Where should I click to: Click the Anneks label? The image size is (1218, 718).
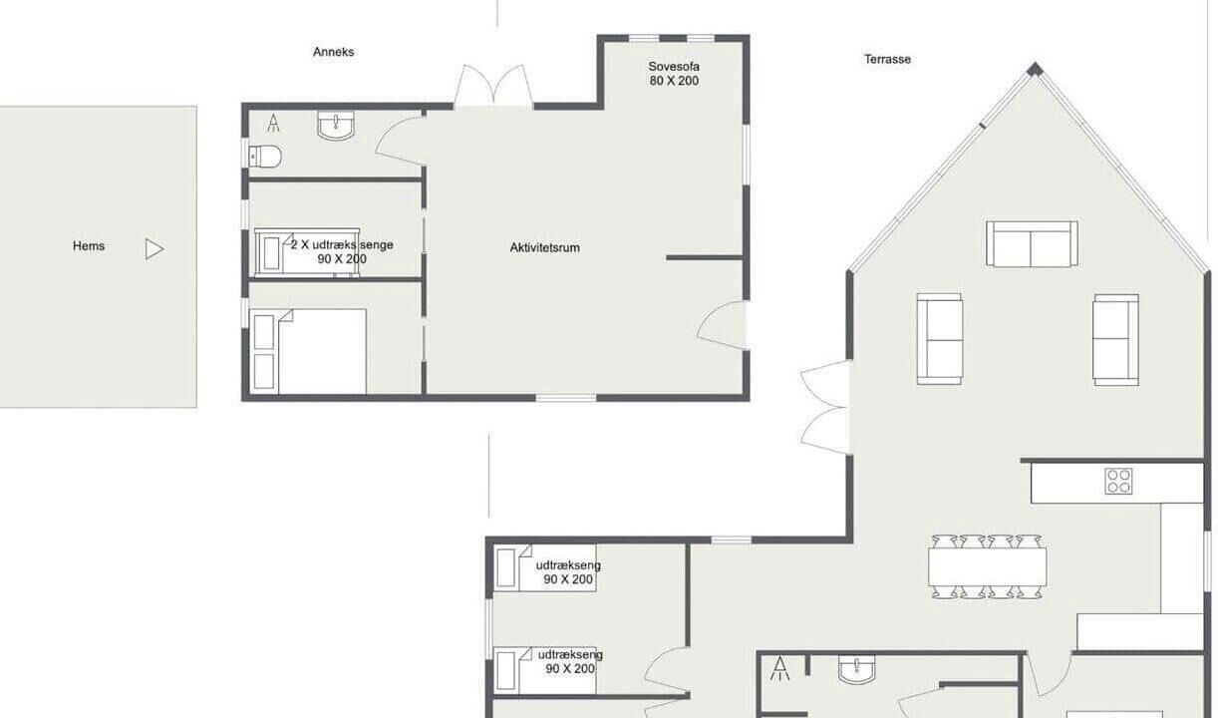coord(333,52)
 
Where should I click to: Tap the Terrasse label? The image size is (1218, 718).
coord(887,59)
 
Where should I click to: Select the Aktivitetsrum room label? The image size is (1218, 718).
coord(545,247)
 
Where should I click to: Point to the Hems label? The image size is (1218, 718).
coord(89,246)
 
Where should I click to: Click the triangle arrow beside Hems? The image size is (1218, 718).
coord(153,249)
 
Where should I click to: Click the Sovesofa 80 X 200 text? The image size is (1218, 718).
coord(674,74)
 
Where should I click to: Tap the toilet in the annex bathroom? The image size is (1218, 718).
coord(265,157)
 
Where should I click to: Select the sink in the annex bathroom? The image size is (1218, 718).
coord(336,126)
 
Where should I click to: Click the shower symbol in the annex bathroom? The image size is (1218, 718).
coord(273,123)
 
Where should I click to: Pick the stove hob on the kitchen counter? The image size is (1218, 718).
coord(1118,481)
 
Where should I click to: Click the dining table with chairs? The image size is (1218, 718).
coord(987,566)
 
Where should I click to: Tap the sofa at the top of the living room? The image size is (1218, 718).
coord(1032,244)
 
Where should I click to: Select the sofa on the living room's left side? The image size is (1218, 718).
coord(939,339)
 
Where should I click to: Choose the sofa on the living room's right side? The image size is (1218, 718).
coord(1115,340)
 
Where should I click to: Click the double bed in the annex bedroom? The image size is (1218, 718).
coord(308,351)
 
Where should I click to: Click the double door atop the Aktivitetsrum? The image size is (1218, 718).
coord(493,86)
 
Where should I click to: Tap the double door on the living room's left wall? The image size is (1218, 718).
coord(825,408)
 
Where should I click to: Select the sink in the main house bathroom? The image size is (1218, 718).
coord(856,669)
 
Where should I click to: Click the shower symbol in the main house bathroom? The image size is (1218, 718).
coord(780,668)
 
